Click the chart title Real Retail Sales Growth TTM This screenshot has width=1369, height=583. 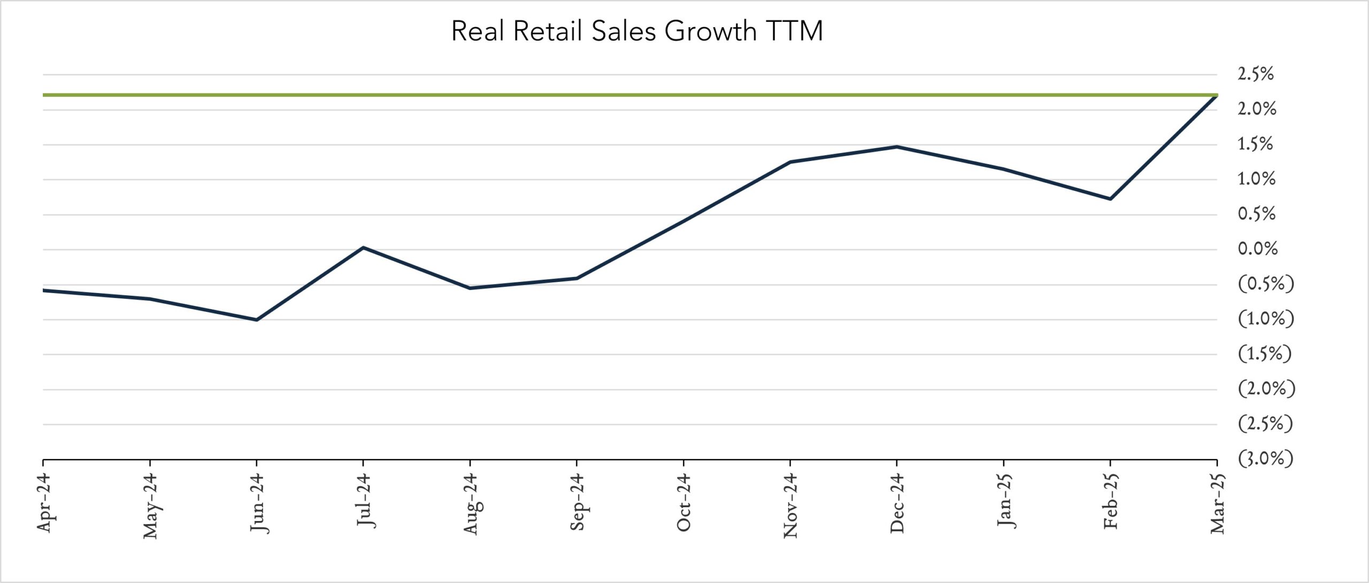pyautogui.click(x=636, y=30)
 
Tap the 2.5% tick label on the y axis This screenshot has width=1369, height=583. pyautogui.click(x=1255, y=74)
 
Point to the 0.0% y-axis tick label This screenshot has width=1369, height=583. pyautogui.click(x=1257, y=249)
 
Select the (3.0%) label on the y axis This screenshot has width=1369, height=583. pyautogui.click(x=1265, y=458)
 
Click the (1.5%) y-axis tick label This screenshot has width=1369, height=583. pyautogui.click(x=1265, y=354)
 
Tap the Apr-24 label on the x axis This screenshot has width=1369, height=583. pyautogui.click(x=44, y=503)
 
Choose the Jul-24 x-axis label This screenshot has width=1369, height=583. pyautogui.click(x=364, y=501)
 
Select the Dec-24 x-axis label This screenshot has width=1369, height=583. pyautogui.click(x=897, y=503)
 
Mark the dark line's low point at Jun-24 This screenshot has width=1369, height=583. pyautogui.click(x=257, y=320)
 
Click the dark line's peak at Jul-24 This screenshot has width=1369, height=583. pyautogui.click(x=363, y=248)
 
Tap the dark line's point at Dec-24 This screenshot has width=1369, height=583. pyautogui.click(x=897, y=147)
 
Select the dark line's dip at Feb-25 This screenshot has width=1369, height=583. pyautogui.click(x=1111, y=198)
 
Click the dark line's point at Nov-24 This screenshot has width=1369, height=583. pyautogui.click(x=790, y=162)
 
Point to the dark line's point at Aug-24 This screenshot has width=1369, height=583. pyautogui.click(x=470, y=288)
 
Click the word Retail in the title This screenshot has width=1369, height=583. pyautogui.click(x=547, y=30)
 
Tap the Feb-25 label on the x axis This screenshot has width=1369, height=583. pyautogui.click(x=1111, y=502)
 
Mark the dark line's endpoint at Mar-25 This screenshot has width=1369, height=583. pyautogui.click(x=1217, y=96)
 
